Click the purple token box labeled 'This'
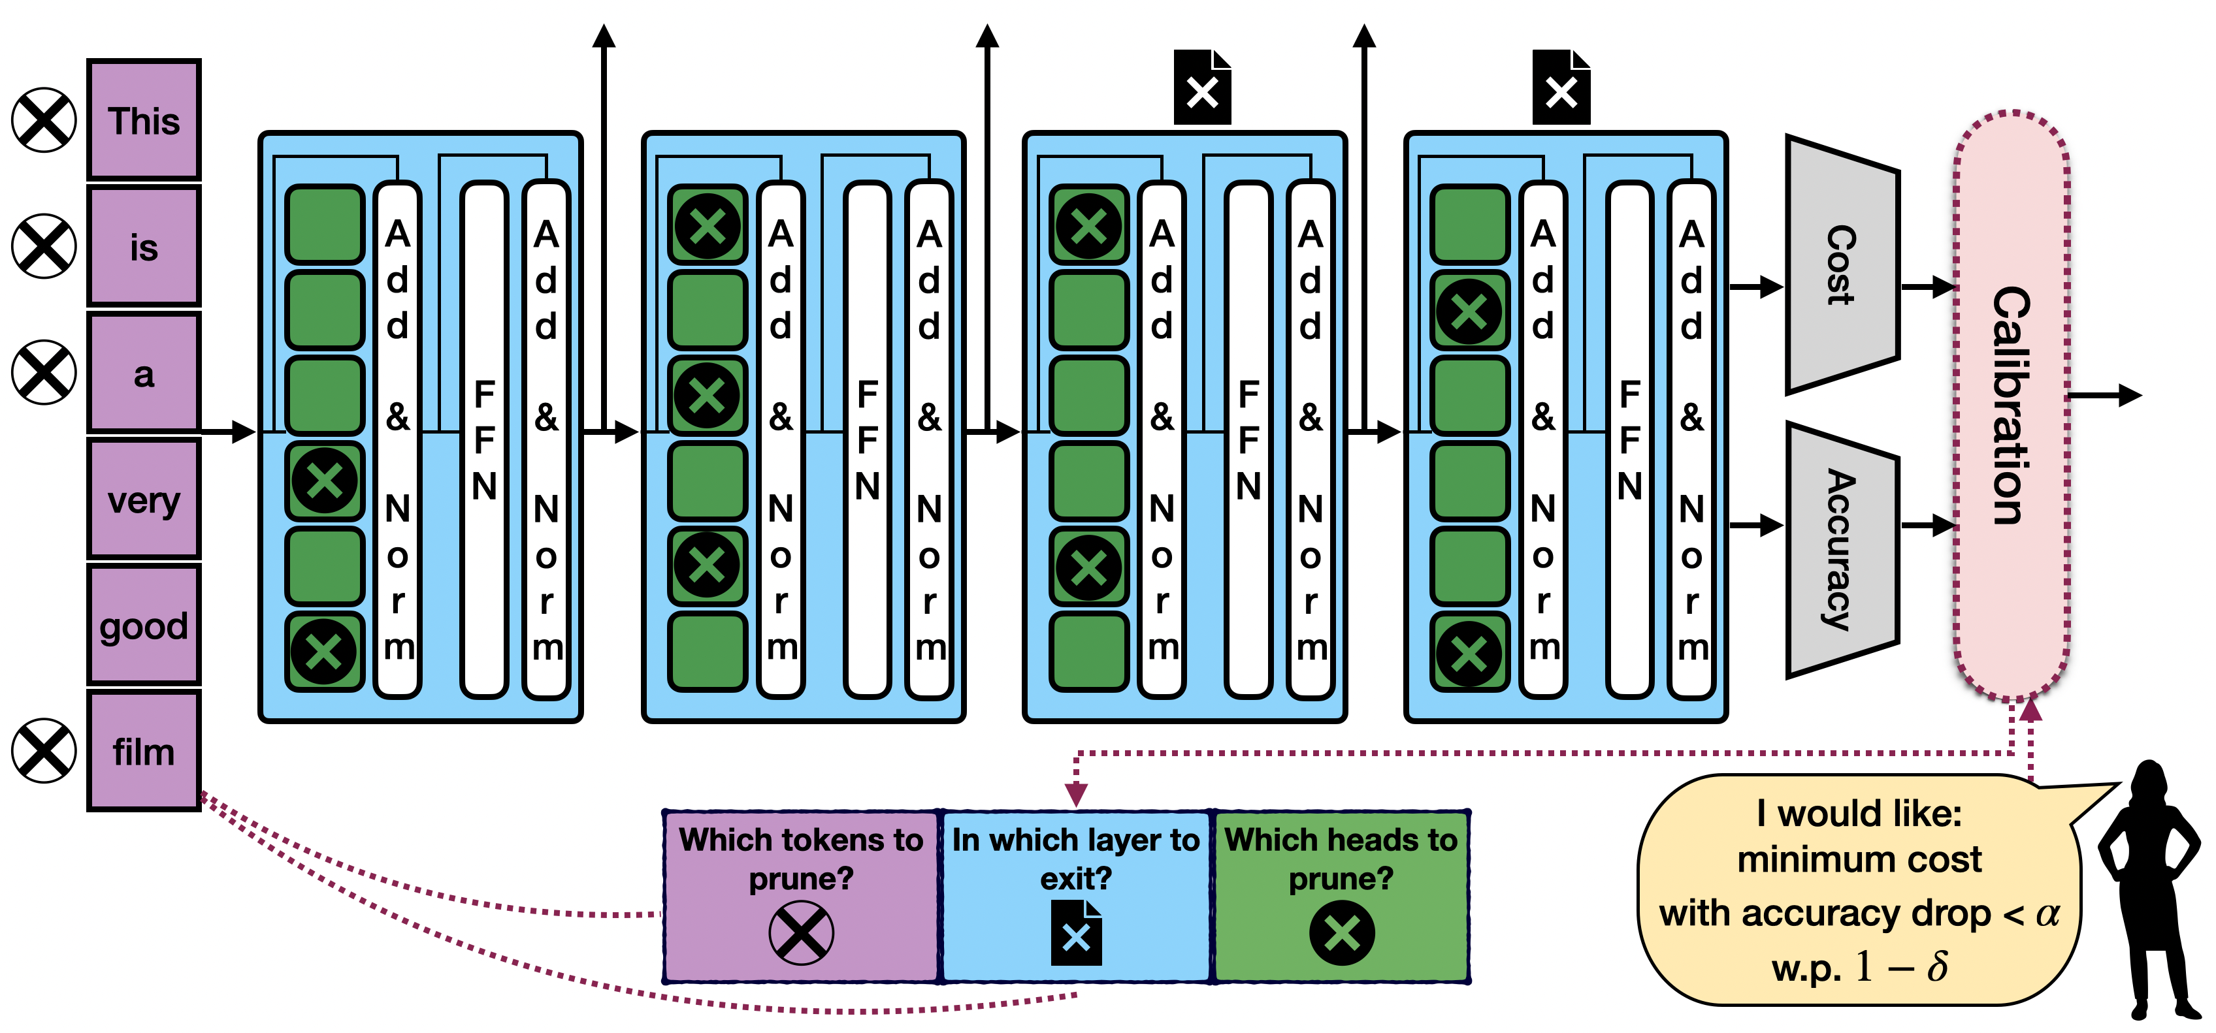[144, 120]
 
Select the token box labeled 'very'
[144, 499]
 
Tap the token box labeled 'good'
[144, 626]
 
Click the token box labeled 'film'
[144, 751]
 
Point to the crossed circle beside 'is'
[44, 246]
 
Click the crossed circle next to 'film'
[44, 751]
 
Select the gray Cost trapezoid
[1842, 265]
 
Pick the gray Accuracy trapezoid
[1842, 550]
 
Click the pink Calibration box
[2012, 404]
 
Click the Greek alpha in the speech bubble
[2048, 914]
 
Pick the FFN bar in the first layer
[484, 439]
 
